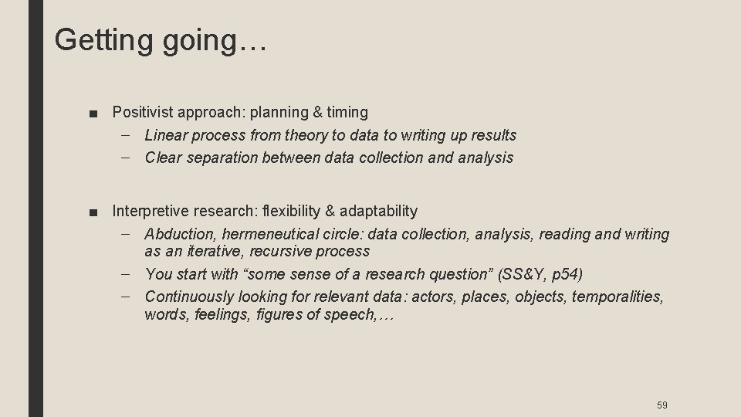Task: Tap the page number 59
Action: [661, 405]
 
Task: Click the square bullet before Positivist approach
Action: [93, 113]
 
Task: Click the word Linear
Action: [166, 135]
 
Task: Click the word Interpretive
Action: [151, 211]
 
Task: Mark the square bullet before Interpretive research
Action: [93, 212]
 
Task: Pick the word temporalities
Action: [617, 297]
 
